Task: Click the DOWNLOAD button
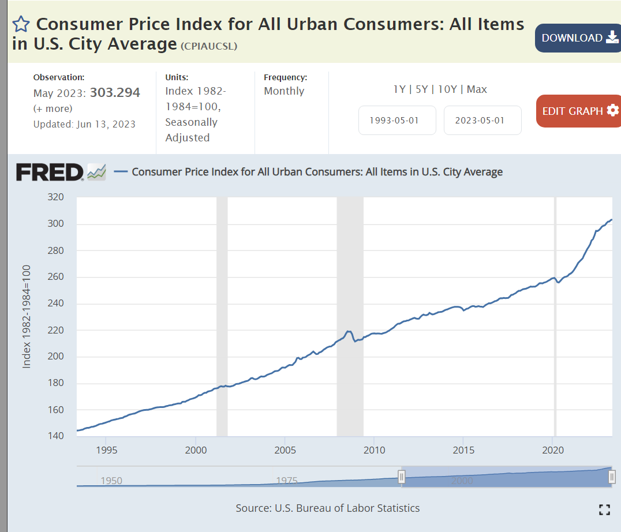[578, 38]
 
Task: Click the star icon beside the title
[21, 24]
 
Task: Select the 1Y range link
[399, 89]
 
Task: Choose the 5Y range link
[422, 89]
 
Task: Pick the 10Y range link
[447, 89]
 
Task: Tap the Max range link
[477, 89]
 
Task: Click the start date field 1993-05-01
[397, 120]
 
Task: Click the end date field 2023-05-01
[482, 120]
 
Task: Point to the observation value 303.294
[115, 93]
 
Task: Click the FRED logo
[50, 172]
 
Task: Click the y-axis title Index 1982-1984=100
[27, 317]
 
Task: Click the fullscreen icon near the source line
[604, 509]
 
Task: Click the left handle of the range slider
[402, 477]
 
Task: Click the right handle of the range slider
[612, 477]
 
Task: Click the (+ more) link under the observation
[53, 108]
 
